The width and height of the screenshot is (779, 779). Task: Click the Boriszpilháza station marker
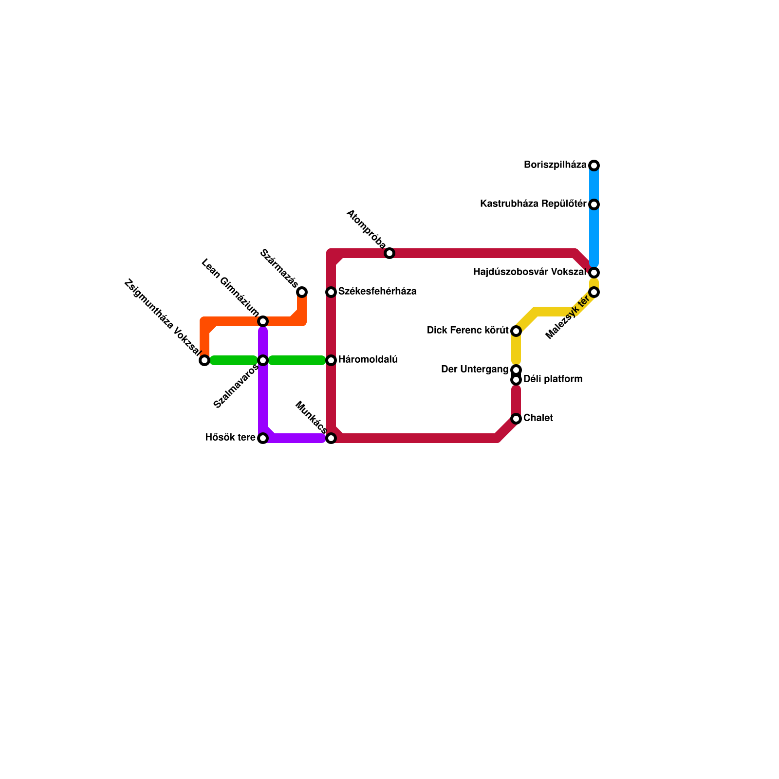594,166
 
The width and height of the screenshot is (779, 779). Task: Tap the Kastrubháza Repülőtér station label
533,204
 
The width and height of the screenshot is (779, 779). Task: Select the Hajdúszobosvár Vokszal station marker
594,273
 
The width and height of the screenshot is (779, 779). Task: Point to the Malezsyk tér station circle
594,292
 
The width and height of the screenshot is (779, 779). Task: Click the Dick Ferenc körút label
467,331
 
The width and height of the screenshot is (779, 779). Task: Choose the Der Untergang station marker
516,370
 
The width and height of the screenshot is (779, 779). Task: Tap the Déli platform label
553,379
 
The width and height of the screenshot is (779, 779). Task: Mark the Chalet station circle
516,419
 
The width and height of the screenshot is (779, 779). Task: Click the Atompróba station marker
389,253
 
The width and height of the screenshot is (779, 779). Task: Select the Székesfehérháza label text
377,292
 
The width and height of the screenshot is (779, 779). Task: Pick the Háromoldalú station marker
331,360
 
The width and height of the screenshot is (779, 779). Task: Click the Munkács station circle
331,438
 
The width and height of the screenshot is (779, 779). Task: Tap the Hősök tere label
230,438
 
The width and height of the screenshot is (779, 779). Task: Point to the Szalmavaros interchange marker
263,360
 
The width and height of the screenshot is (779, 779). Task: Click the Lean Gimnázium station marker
263,321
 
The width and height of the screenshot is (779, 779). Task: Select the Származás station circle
302,292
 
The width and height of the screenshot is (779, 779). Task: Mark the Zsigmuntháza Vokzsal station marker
204,360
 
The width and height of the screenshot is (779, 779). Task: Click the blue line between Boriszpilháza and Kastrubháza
594,185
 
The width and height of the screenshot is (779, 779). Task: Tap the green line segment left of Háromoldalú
297,360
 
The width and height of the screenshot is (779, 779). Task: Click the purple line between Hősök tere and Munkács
297,438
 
